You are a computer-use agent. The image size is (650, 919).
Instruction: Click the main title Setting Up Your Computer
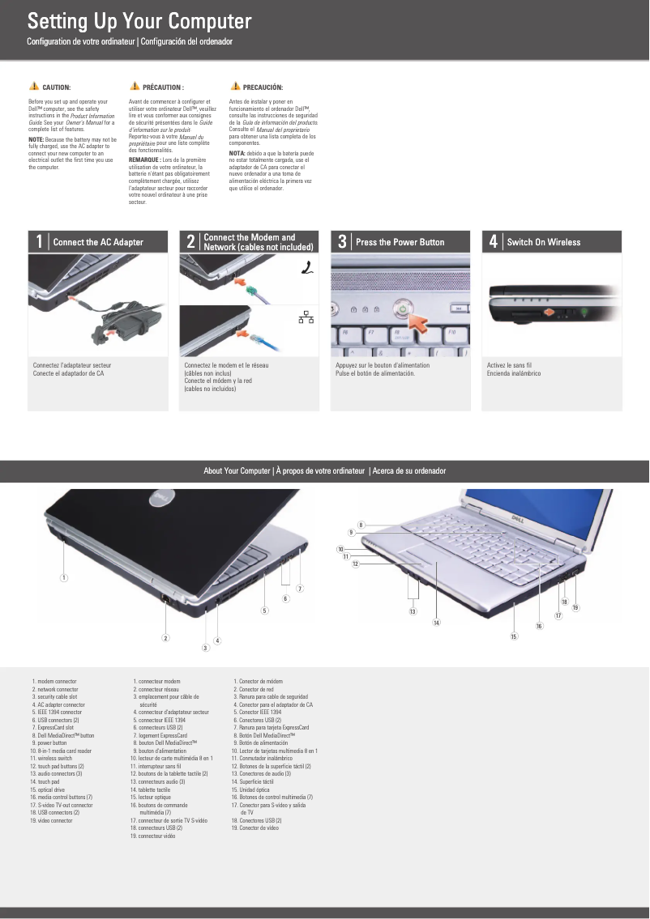(139, 21)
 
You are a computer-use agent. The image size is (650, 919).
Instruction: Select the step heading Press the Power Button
(400, 242)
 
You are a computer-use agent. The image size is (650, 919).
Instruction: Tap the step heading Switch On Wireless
(543, 242)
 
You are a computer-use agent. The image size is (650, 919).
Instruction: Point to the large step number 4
(493, 241)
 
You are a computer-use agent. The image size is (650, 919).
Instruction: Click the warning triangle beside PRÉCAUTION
(135, 86)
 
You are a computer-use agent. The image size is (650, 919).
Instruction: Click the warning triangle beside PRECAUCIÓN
(235, 86)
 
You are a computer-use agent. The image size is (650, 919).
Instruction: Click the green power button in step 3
(403, 308)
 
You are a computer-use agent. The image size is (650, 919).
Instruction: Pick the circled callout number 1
(63, 577)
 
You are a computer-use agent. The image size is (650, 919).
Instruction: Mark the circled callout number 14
(436, 623)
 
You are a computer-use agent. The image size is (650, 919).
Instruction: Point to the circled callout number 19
(575, 607)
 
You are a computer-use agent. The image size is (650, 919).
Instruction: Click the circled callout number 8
(361, 525)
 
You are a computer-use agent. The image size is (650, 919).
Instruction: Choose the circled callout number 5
(263, 610)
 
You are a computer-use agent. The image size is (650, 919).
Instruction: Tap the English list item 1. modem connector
(54, 682)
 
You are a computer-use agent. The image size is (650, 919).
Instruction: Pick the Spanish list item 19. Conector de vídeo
(254, 828)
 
